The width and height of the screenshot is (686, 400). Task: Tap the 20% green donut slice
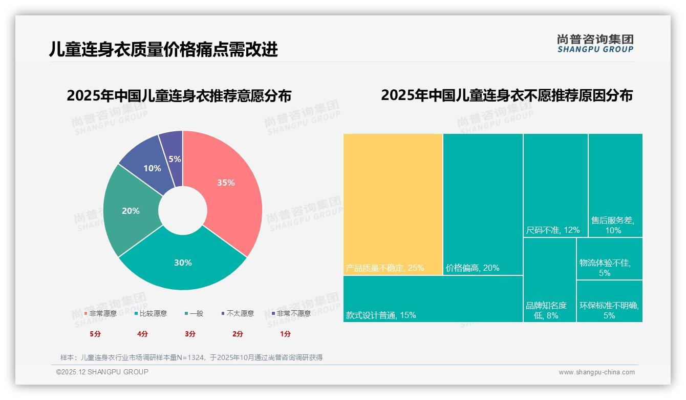pyautogui.click(x=131, y=211)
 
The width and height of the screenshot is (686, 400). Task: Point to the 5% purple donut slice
pyautogui.click(x=173, y=149)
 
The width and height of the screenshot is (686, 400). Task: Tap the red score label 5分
pyautogui.click(x=95, y=334)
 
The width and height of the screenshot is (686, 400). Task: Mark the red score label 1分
pyautogui.click(x=285, y=334)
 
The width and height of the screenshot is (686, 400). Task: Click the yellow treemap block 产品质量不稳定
pyautogui.click(x=393, y=204)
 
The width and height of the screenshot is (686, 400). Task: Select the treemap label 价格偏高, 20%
pyautogui.click(x=472, y=268)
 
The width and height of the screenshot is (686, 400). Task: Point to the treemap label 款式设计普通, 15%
pyautogui.click(x=381, y=315)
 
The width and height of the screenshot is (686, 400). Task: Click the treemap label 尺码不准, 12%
pyautogui.click(x=553, y=230)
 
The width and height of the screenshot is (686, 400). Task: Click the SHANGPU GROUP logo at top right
pyautogui.click(x=595, y=43)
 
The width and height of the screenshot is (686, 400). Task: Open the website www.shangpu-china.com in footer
pyautogui.click(x=596, y=372)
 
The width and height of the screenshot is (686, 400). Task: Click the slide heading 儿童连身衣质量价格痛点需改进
pyautogui.click(x=164, y=49)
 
